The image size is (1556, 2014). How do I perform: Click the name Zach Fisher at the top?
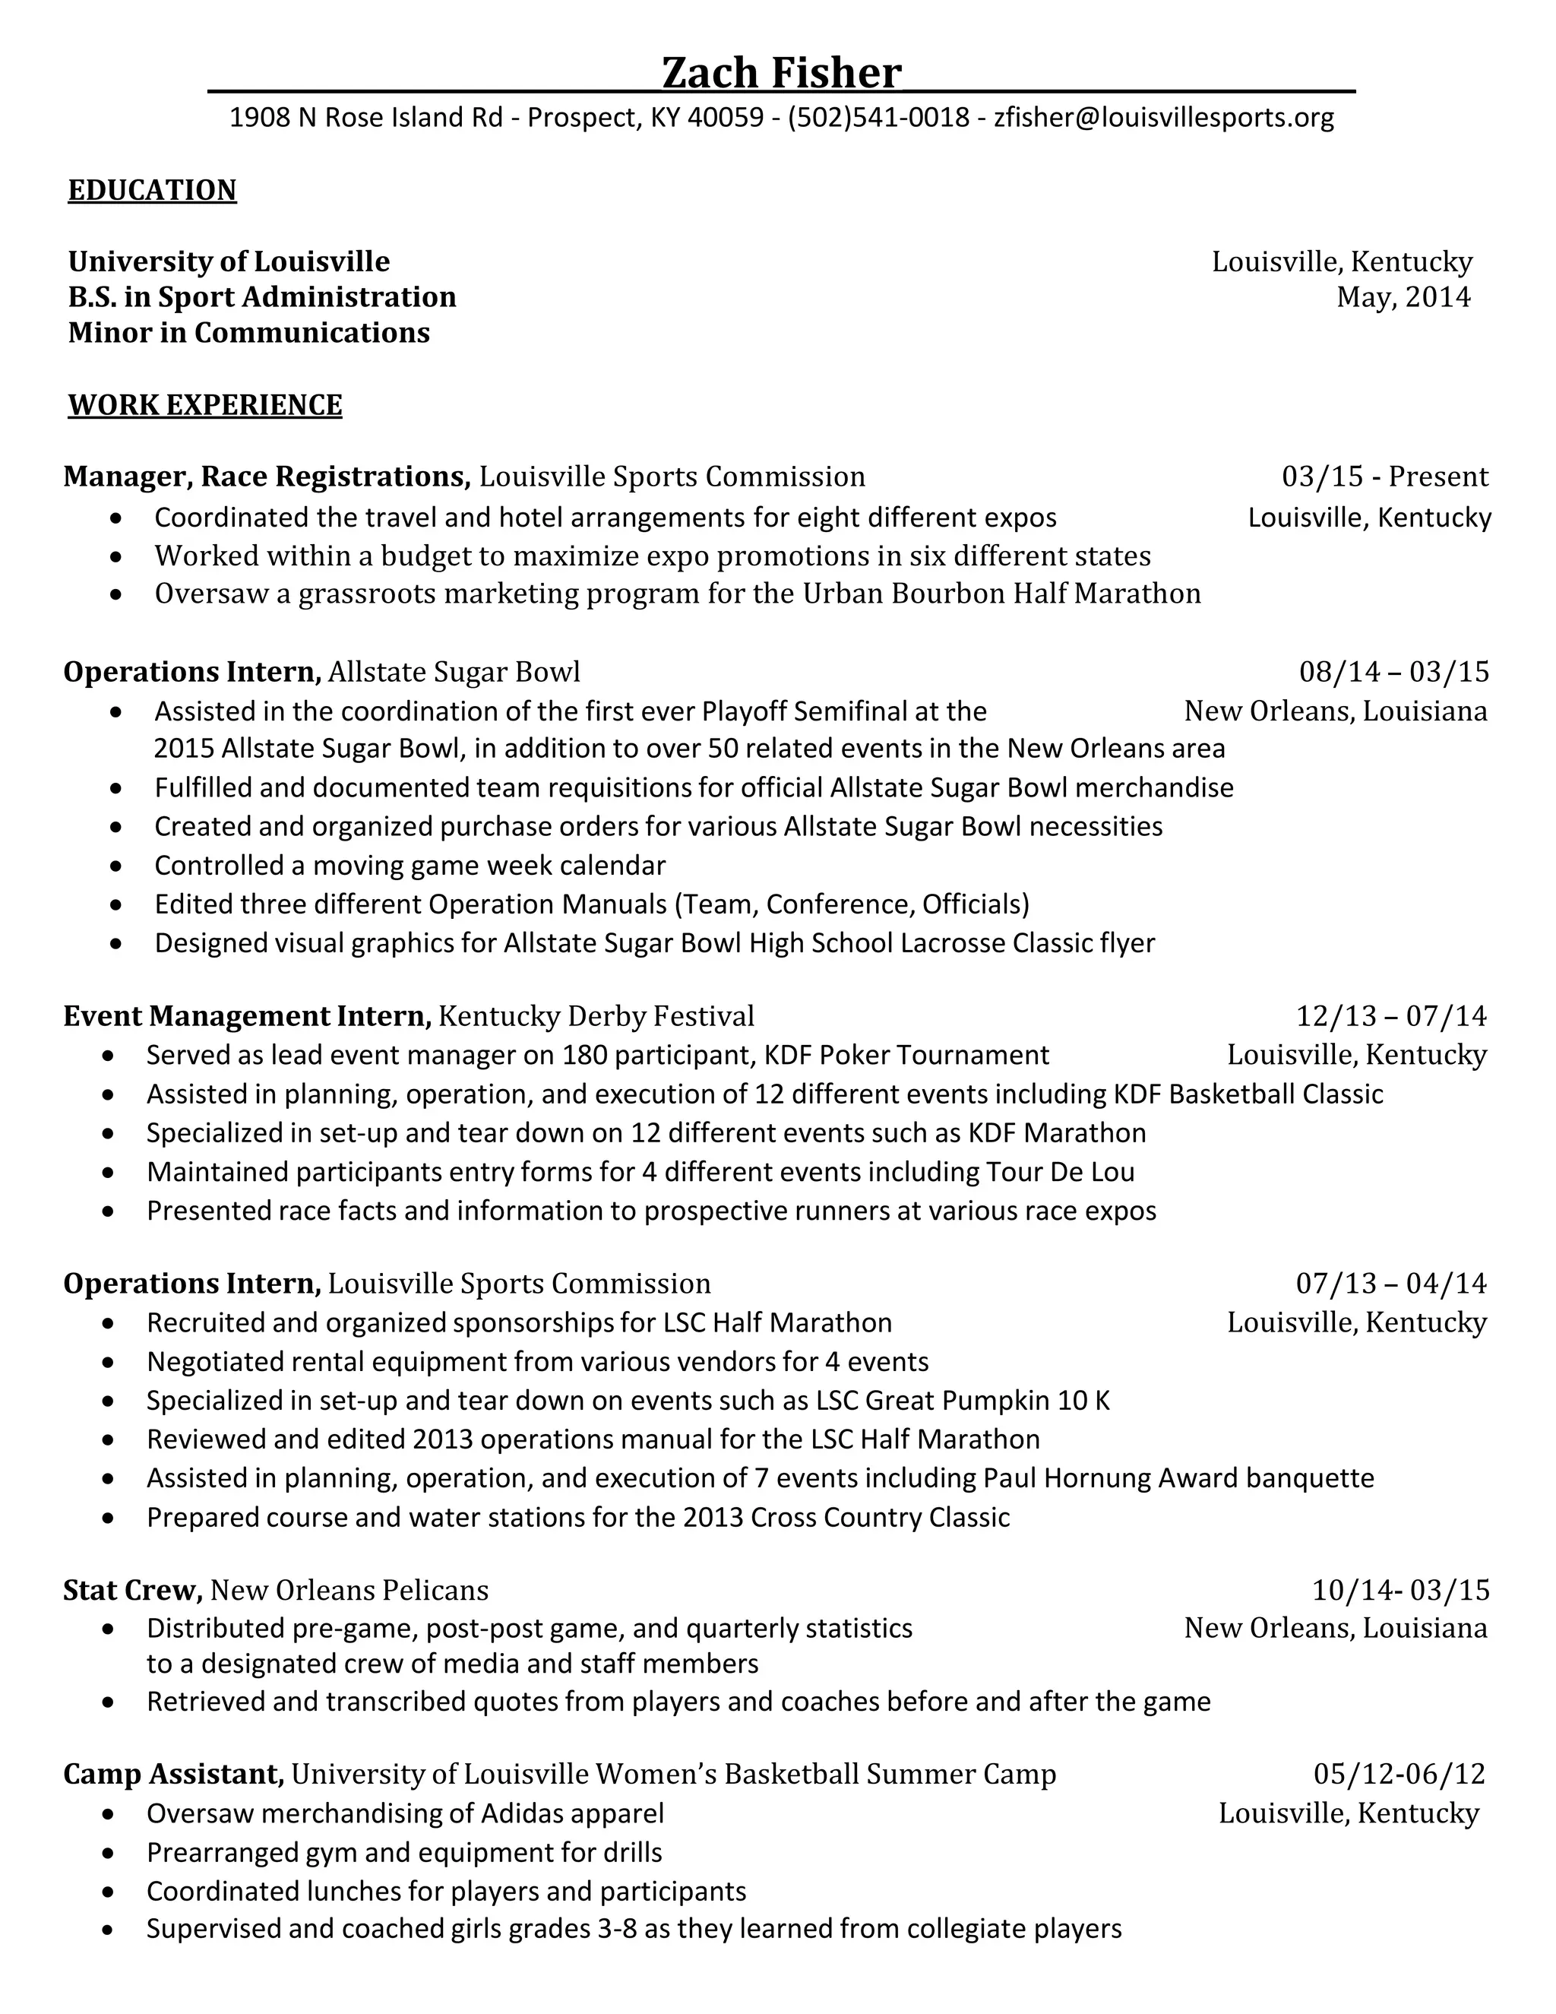tap(781, 73)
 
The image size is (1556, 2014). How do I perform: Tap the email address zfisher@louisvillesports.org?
tap(1163, 117)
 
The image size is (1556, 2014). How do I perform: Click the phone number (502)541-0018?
tap(878, 117)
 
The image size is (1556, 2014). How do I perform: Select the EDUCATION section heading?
tap(152, 190)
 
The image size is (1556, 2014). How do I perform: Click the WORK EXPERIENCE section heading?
tap(204, 405)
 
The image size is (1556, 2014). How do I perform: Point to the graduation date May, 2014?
tap(1403, 297)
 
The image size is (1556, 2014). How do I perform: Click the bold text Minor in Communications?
tap(249, 333)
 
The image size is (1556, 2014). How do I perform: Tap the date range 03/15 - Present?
tap(1384, 477)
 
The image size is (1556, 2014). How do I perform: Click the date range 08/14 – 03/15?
tap(1393, 671)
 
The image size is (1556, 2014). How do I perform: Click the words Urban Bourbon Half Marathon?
tap(1001, 593)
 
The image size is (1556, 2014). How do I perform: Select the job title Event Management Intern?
tap(247, 1016)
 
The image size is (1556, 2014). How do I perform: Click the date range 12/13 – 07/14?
tap(1391, 1016)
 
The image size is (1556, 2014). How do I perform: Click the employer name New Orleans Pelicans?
tap(349, 1590)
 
